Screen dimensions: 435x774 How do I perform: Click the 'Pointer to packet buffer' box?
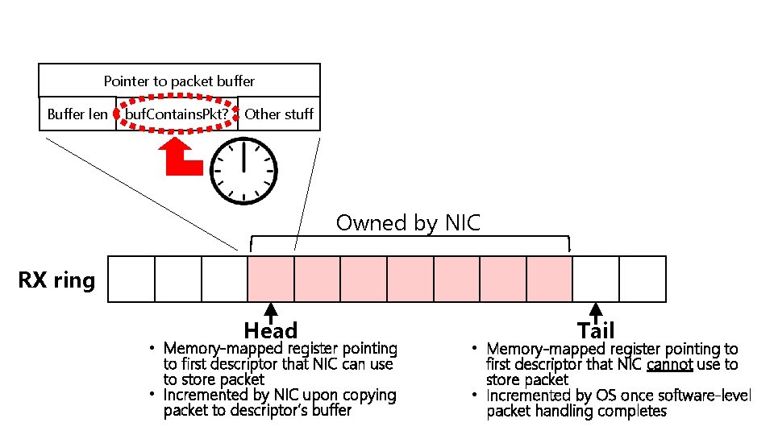click(x=179, y=81)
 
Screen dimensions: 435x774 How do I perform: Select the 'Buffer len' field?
click(x=77, y=114)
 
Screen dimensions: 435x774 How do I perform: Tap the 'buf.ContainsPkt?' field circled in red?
click(x=177, y=114)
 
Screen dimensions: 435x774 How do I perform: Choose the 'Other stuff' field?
click(x=279, y=114)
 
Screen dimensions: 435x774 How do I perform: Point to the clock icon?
click(x=243, y=172)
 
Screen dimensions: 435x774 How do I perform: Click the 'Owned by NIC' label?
click(x=408, y=222)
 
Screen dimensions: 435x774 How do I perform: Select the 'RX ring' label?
click(x=56, y=280)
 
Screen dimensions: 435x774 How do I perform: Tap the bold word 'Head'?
click(x=271, y=331)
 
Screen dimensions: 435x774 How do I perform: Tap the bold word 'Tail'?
click(x=596, y=330)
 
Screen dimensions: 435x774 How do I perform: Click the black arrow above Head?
click(x=272, y=313)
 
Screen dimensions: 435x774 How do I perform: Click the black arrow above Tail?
click(x=596, y=313)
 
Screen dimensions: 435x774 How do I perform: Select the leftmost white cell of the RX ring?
click(x=131, y=279)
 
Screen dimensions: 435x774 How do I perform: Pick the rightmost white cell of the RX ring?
click(x=643, y=279)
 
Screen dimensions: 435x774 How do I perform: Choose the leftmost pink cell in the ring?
click(x=271, y=279)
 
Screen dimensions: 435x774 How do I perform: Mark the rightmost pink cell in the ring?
click(x=549, y=279)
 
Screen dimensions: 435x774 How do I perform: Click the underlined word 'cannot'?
click(x=669, y=365)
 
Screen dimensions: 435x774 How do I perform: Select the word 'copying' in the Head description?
click(x=368, y=396)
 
